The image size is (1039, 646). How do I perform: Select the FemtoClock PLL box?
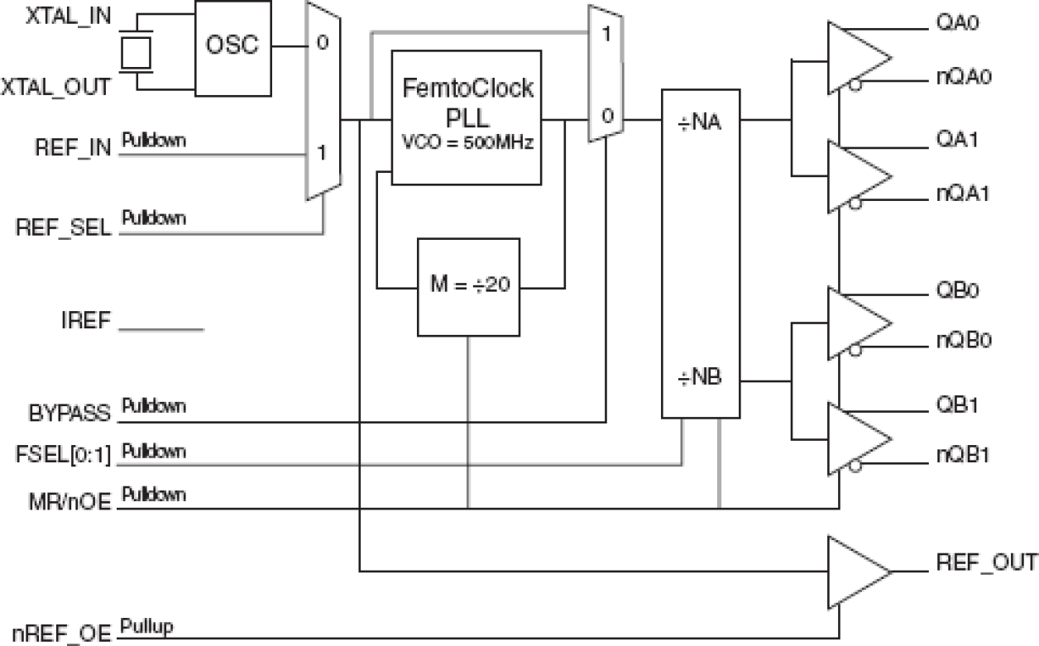(466, 116)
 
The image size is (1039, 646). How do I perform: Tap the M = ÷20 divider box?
(469, 288)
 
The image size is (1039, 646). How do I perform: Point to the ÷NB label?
(701, 379)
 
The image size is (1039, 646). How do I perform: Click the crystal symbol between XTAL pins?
(136, 51)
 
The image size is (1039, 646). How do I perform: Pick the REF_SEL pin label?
(63, 227)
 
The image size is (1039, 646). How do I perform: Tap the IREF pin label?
(83, 322)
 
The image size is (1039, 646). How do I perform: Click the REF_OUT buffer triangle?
(855, 572)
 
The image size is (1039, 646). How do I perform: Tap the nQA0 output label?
(964, 78)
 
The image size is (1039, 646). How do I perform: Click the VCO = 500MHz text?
(466, 141)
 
